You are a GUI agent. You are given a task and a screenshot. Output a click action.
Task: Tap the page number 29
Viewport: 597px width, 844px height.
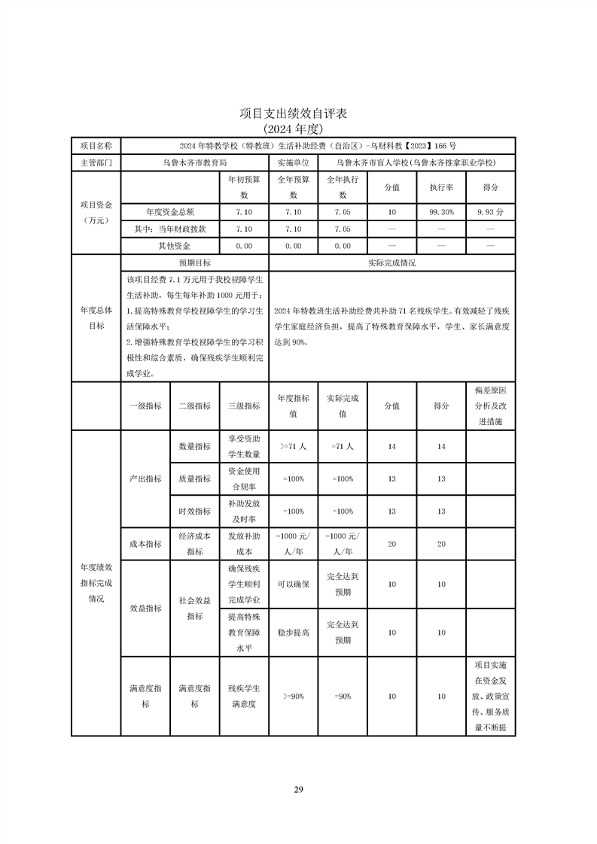pyautogui.click(x=298, y=789)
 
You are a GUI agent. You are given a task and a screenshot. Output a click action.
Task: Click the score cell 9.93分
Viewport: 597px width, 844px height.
pyautogui.click(x=490, y=212)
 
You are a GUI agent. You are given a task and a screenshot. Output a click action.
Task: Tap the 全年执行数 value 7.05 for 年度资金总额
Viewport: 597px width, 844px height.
pyautogui.click(x=342, y=212)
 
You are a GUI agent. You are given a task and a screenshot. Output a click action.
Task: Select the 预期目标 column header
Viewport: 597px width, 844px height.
pyautogui.click(x=194, y=263)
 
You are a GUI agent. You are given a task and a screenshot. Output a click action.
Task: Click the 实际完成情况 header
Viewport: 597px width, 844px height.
pyautogui.click(x=391, y=263)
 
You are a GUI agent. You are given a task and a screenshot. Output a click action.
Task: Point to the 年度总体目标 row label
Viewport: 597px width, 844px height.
pyautogui.click(x=96, y=317)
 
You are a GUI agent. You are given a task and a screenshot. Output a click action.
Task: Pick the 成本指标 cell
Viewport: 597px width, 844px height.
pyautogui.click(x=145, y=543)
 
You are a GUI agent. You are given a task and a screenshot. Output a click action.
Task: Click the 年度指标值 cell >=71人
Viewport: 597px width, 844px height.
pyautogui.click(x=293, y=446)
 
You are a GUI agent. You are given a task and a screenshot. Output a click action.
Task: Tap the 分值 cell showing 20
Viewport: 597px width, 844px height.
pyautogui.click(x=391, y=543)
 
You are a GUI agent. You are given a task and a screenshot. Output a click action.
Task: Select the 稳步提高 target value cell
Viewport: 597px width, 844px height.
pyautogui.click(x=293, y=633)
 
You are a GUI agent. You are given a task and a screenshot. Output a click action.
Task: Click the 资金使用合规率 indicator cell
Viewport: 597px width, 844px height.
pyautogui.click(x=243, y=478)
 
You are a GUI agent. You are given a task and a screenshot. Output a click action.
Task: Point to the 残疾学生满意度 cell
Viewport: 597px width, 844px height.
pyautogui.click(x=243, y=696)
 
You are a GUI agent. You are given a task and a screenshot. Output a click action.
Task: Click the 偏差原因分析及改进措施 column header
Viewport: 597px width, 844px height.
pyautogui.click(x=490, y=406)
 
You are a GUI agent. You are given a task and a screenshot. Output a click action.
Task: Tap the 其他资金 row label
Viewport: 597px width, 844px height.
pyautogui.click(x=169, y=245)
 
